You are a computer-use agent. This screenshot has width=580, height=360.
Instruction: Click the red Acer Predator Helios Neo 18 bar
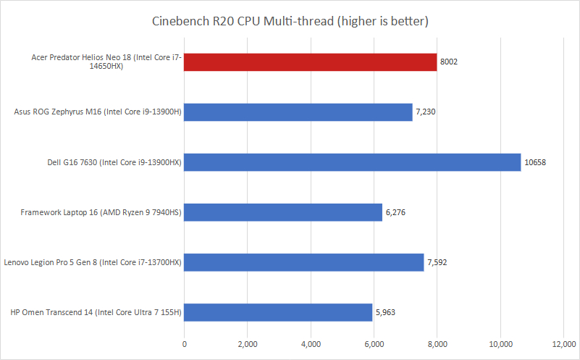point(310,62)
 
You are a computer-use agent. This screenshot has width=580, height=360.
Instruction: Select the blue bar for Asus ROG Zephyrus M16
point(298,112)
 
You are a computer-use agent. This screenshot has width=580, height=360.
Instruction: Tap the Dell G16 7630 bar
point(353,162)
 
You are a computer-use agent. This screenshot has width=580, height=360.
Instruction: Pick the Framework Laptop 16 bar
point(283,212)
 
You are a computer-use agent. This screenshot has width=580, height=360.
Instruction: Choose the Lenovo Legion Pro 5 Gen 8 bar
point(304,262)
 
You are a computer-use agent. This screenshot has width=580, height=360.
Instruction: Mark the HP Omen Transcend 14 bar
point(279,312)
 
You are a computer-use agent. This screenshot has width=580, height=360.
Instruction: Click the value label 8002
point(449,62)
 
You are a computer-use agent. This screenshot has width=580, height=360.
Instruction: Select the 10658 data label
point(535,162)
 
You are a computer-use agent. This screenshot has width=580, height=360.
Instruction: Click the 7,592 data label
point(438,262)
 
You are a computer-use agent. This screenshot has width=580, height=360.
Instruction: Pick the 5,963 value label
point(387,312)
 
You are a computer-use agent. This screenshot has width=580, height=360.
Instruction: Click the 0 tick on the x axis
point(185,343)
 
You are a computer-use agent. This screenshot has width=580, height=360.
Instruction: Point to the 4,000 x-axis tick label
point(311,343)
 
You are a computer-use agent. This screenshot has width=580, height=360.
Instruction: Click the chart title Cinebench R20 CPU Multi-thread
point(290,21)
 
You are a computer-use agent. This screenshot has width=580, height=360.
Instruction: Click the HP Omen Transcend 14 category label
point(96,312)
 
